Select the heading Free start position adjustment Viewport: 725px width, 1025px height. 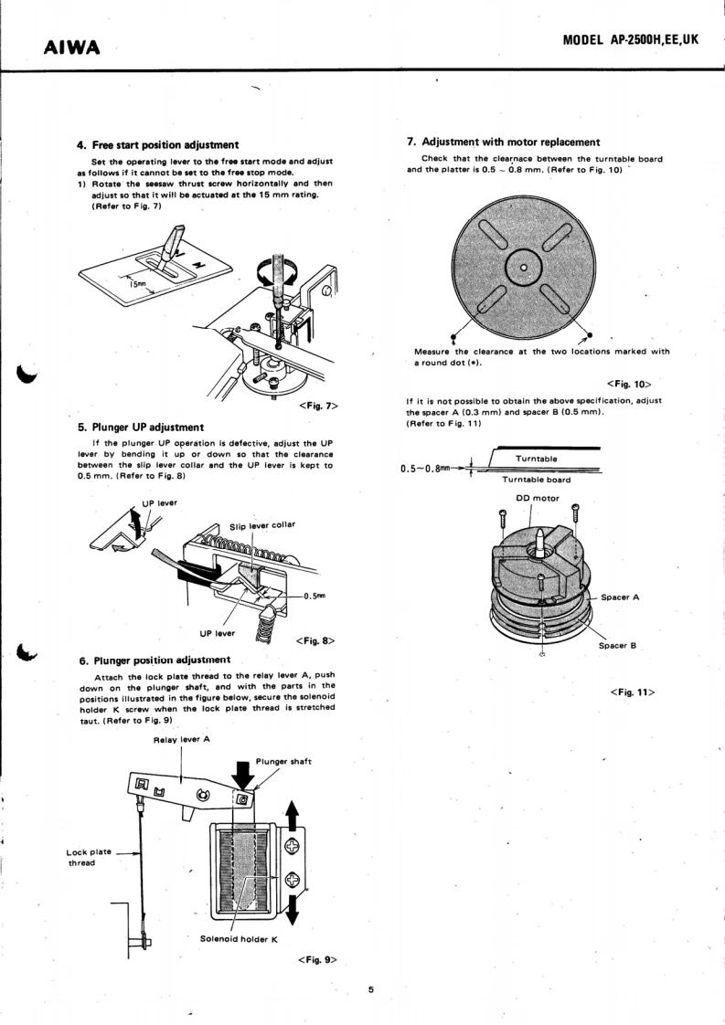click(157, 144)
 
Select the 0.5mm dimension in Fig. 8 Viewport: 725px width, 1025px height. click(315, 595)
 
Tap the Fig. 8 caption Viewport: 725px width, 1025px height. click(315, 640)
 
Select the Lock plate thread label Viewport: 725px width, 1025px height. click(90, 858)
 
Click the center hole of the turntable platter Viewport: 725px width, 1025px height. click(523, 268)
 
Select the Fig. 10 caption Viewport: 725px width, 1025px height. click(628, 384)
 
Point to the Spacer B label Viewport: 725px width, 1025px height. click(617, 646)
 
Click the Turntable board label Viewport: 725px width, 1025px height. click(537, 480)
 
